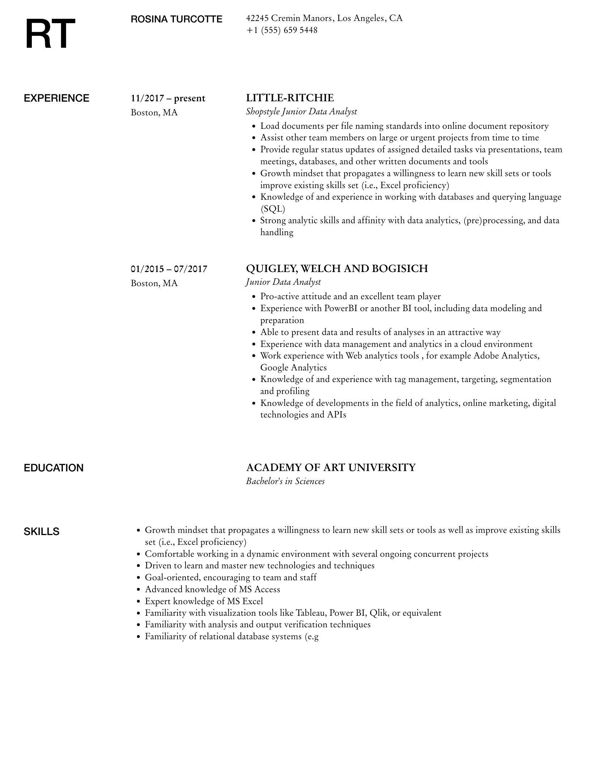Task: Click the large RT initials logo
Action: point(50,34)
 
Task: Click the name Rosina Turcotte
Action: point(176,19)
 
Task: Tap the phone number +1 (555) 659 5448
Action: point(282,30)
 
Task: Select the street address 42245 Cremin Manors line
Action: point(324,18)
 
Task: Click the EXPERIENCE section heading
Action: point(56,98)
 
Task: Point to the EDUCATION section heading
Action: point(54,468)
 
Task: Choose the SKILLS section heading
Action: point(42,532)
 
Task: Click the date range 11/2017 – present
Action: point(168,98)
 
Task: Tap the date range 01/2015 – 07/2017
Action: point(169,269)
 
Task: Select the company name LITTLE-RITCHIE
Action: point(290,98)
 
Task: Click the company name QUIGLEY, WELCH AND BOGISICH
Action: point(337,269)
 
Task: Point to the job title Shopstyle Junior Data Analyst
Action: point(301,111)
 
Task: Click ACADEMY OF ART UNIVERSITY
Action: point(331,468)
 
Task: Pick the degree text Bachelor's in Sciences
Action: point(285,481)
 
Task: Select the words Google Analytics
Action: point(293,368)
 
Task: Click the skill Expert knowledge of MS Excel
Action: point(204,601)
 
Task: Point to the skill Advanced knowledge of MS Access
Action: point(213,589)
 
